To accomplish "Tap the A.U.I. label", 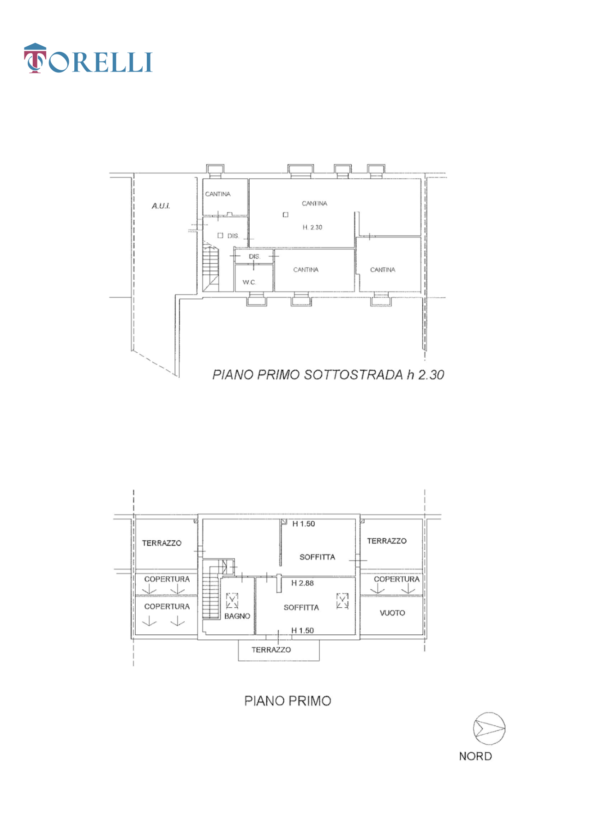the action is click(x=161, y=206).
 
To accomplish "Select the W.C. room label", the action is click(x=249, y=282).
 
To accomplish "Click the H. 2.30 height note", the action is click(x=312, y=227).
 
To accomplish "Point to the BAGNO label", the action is click(x=237, y=616).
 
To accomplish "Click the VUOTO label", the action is click(x=392, y=613).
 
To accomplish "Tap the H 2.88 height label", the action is click(x=302, y=583).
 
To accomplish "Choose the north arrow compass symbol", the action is click(x=489, y=728).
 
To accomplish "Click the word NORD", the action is click(x=475, y=756).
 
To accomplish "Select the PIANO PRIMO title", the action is click(x=288, y=701).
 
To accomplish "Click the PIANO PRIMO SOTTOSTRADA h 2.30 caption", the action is click(x=328, y=374).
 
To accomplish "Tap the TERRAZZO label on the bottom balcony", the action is click(x=271, y=650).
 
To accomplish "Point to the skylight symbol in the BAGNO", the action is click(x=232, y=601).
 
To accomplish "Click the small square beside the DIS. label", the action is click(x=220, y=235).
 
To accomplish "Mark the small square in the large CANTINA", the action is click(x=286, y=215).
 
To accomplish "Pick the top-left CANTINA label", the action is click(x=218, y=194).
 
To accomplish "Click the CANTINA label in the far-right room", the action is click(x=383, y=270).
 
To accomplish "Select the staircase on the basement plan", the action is click(x=211, y=268).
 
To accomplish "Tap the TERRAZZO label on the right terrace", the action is click(x=387, y=541).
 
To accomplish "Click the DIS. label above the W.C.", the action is click(x=254, y=256).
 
